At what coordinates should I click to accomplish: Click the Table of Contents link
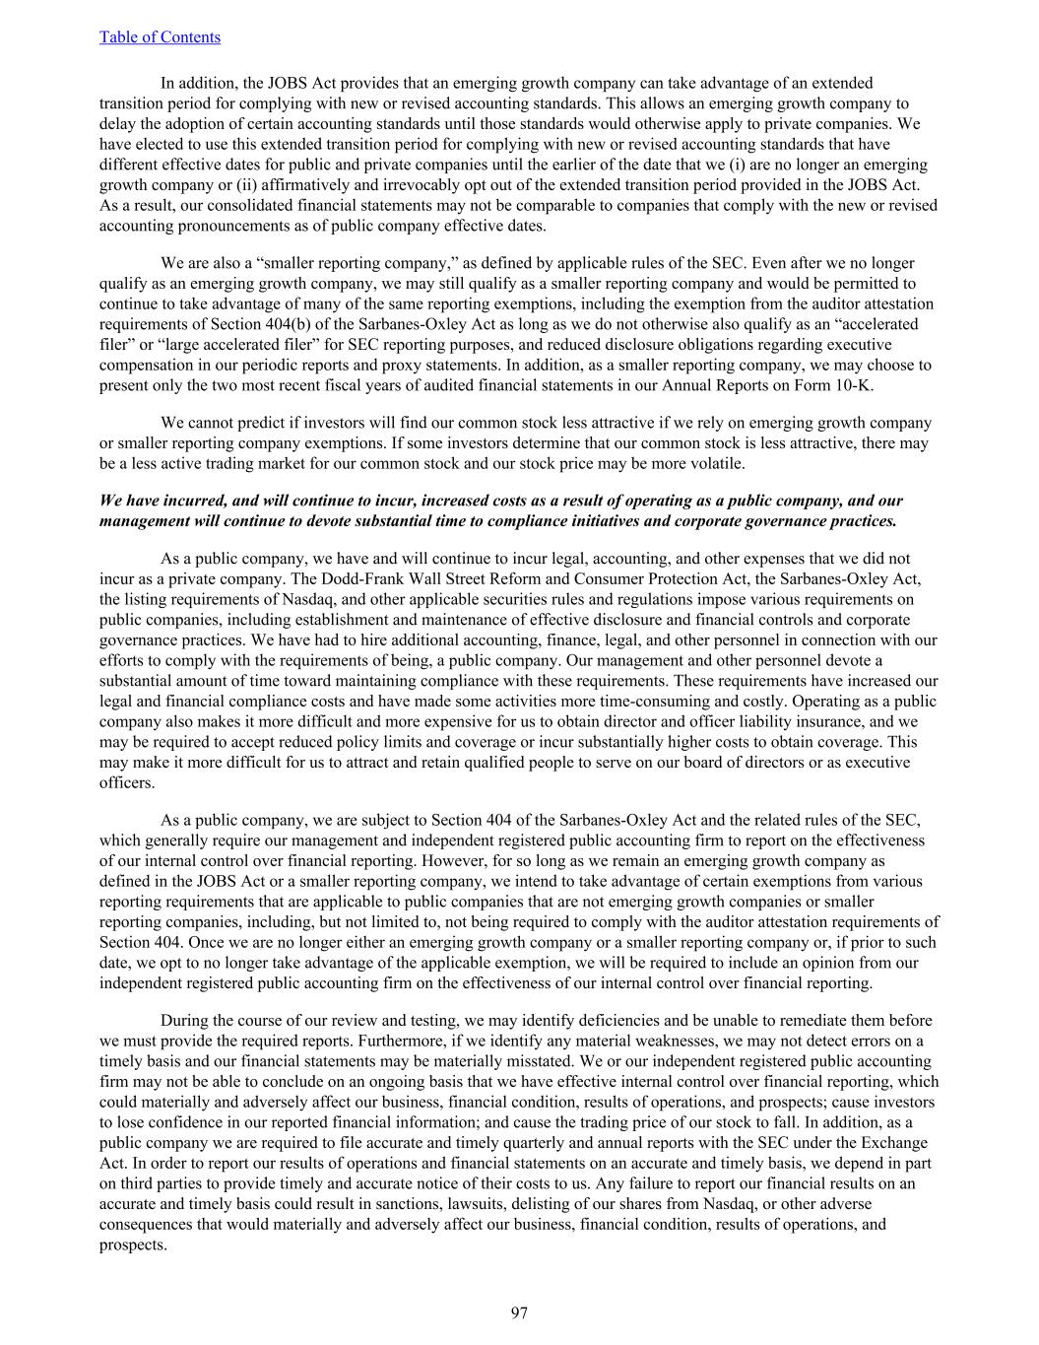click(x=160, y=37)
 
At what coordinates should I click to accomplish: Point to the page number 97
click(x=519, y=1312)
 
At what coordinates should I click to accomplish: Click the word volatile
click(x=717, y=463)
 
